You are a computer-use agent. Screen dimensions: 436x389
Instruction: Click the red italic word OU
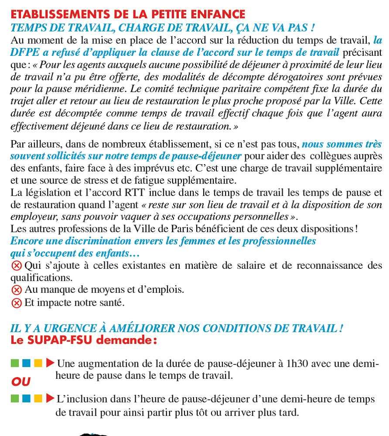(21, 381)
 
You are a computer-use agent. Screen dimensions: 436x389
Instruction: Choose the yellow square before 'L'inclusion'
(38, 399)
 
